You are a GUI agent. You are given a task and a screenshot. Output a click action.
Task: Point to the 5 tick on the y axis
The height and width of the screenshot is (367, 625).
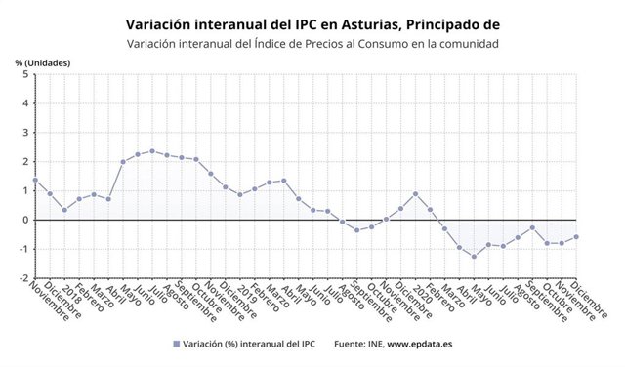coord(24,74)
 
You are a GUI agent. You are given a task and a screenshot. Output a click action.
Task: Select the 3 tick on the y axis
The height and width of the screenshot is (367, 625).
coord(24,133)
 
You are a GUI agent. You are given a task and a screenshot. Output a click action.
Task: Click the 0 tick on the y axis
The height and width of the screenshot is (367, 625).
coord(24,220)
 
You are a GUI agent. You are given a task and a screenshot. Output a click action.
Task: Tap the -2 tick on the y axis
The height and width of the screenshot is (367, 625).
coord(22,278)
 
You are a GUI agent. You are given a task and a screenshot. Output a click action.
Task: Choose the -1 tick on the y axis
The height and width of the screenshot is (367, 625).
coord(22,249)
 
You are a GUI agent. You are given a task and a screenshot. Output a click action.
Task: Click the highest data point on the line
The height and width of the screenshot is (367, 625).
coord(151,151)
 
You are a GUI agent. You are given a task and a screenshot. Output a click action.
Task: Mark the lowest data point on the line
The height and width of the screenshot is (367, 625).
coord(474,257)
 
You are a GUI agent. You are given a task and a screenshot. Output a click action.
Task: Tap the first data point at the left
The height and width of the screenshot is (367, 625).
coord(34,180)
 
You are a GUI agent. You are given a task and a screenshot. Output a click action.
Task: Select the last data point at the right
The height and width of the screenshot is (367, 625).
coord(576,236)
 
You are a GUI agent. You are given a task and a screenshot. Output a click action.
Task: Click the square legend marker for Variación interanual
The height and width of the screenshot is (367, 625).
coord(177,344)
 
